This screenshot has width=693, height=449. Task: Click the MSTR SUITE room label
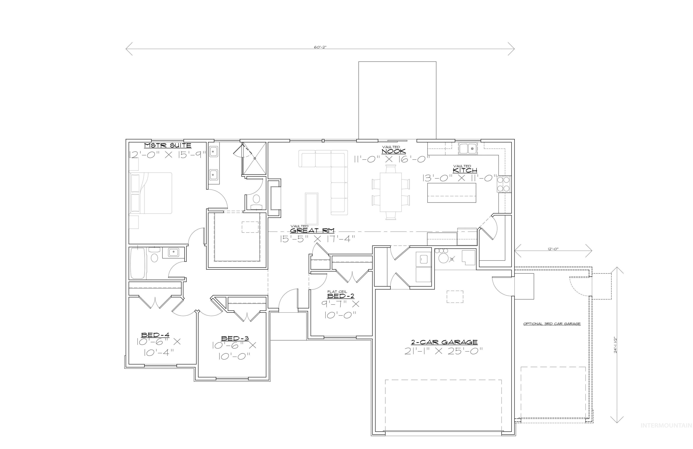pos(168,145)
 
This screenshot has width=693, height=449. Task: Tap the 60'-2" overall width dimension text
pos(320,47)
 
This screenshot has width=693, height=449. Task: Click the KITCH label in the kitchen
pos(465,170)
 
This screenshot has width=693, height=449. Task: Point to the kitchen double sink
pos(467,149)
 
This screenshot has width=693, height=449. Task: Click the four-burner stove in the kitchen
pos(504,184)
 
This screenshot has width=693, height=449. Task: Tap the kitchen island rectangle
pos(451,193)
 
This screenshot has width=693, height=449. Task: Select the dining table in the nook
pos(390,192)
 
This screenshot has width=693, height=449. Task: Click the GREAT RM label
pos(312,230)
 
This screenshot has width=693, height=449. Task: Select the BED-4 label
pos(155,335)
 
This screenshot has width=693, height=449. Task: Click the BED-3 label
pos(235,339)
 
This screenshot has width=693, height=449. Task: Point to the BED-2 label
pos(341,296)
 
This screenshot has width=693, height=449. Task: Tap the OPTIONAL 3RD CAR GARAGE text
pos(552,324)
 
